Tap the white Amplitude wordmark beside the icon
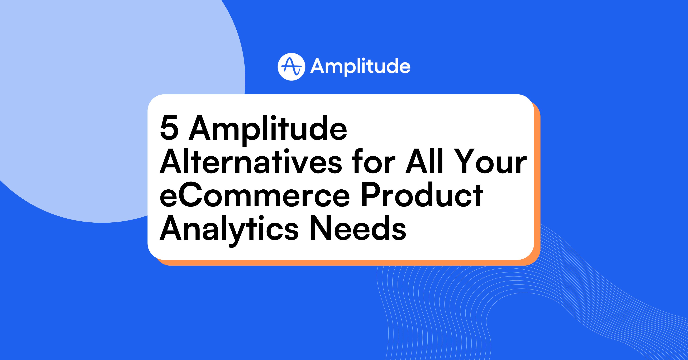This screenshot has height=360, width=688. pos(360,67)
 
